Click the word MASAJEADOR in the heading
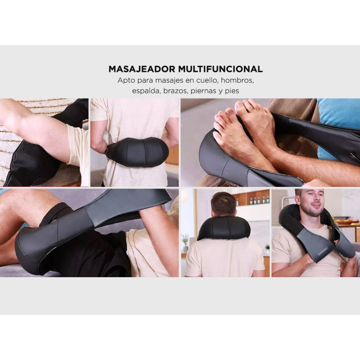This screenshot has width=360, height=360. click(141, 69)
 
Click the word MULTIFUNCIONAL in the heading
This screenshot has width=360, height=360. click(220, 69)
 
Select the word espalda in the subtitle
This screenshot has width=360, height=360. click(147, 91)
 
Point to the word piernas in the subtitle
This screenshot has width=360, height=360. click(203, 91)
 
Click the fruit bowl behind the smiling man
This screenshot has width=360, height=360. click(343, 221)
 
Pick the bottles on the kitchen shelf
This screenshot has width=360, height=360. click(258, 200)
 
